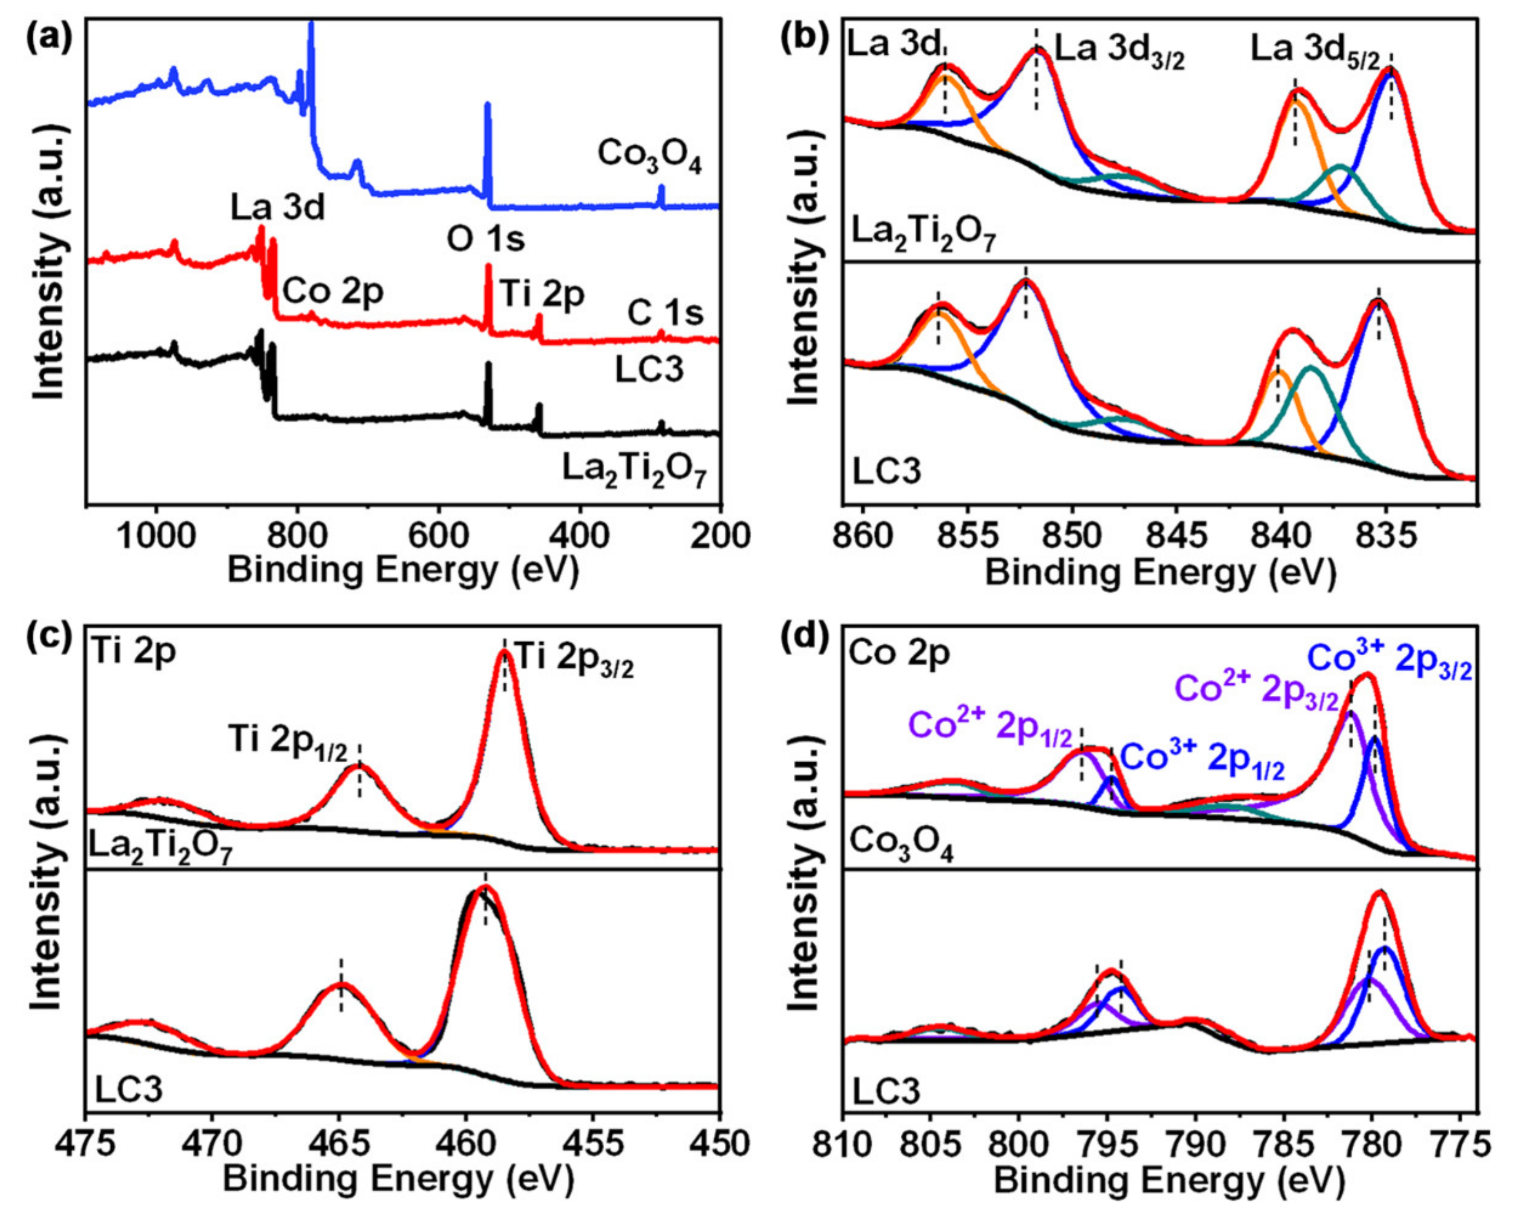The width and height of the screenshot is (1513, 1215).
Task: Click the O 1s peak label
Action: [486, 240]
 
